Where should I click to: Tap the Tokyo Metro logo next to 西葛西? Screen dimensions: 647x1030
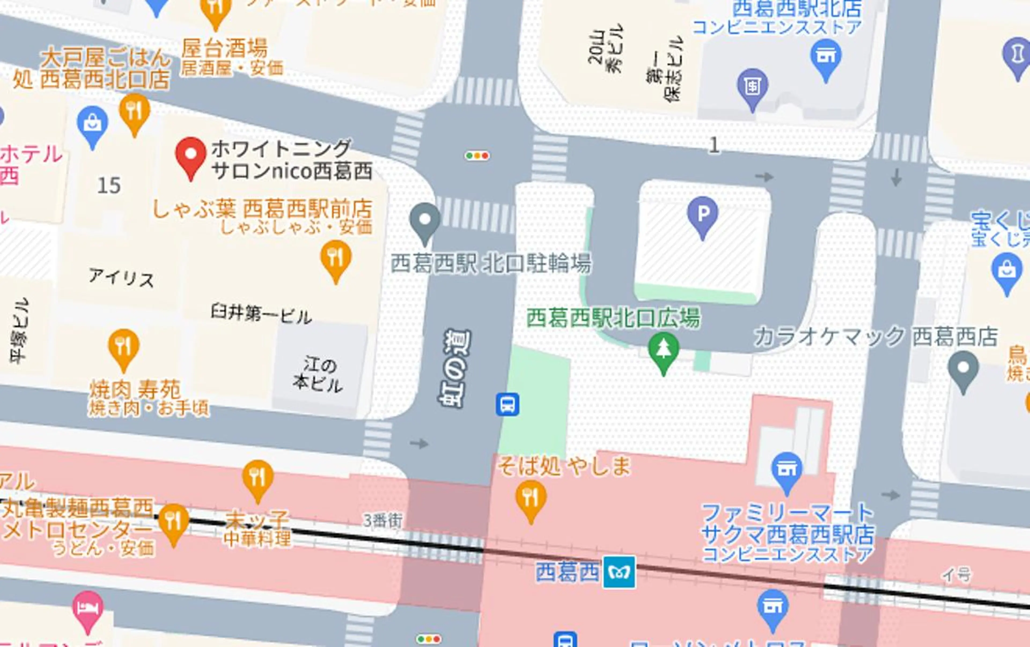point(619,572)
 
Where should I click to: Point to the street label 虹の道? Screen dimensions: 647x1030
point(455,368)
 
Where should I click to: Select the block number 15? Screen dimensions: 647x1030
point(109,185)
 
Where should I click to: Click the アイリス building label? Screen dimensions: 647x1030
point(122,278)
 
